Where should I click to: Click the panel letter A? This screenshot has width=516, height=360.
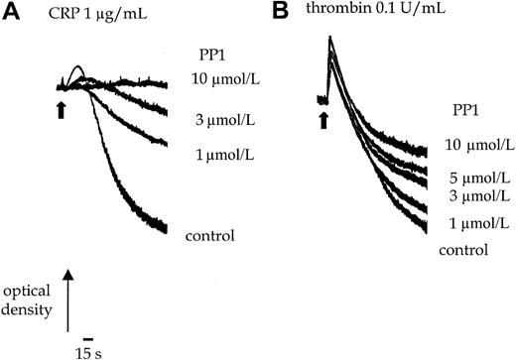(12, 13)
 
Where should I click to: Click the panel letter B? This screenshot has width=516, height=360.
(280, 13)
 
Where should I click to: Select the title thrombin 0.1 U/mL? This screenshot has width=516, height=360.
(371, 14)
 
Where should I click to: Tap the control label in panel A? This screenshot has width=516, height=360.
(208, 236)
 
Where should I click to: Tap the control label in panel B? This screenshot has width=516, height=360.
(464, 249)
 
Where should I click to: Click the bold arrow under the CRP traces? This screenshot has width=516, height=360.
(63, 108)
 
